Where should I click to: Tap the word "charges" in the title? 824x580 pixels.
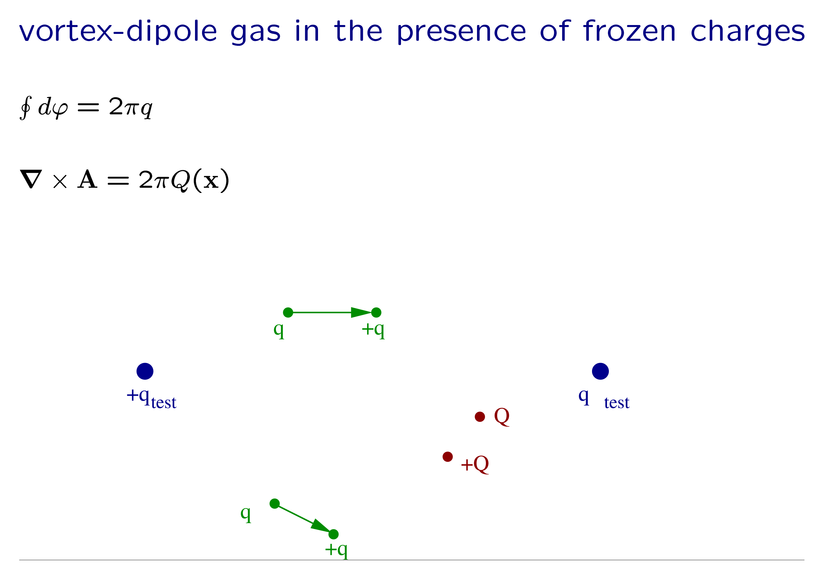[x=748, y=32]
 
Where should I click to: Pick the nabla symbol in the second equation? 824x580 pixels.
[x=31, y=179]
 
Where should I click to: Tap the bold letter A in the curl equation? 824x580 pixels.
[x=88, y=179]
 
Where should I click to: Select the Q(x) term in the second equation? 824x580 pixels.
[x=200, y=180]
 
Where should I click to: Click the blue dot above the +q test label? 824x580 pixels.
[x=145, y=371]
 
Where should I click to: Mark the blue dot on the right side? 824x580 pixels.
[x=600, y=371]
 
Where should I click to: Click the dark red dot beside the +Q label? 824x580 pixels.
[x=447, y=457]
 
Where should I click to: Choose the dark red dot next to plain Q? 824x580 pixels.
[x=480, y=417]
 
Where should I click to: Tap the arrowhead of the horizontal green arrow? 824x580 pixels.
[x=361, y=313]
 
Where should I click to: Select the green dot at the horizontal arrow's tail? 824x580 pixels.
[x=288, y=313]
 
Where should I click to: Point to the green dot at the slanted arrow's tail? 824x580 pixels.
[x=275, y=504]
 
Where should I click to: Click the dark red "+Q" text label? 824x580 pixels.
[x=475, y=464]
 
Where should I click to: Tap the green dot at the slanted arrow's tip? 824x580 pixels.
[x=333, y=534]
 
